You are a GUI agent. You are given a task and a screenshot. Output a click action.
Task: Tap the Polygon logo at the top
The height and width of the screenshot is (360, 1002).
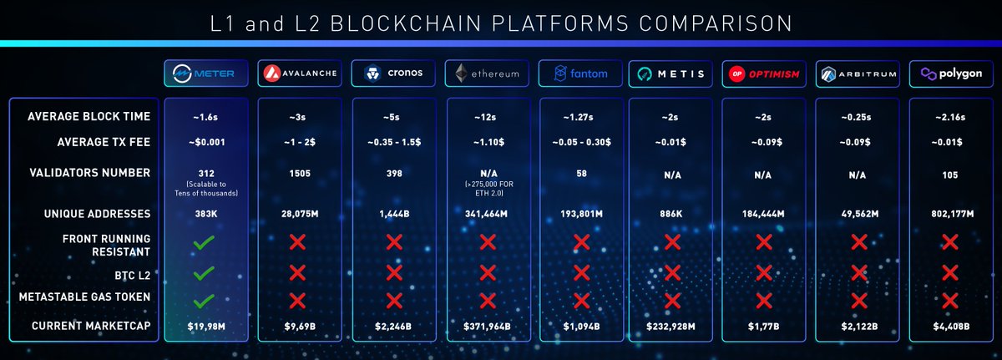tap(950, 74)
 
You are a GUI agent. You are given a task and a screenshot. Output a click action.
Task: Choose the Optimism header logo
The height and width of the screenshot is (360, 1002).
tap(763, 74)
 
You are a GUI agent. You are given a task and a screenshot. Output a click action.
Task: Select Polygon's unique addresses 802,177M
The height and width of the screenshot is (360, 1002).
tap(950, 215)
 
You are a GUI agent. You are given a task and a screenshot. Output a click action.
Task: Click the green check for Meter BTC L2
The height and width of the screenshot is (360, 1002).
tap(204, 273)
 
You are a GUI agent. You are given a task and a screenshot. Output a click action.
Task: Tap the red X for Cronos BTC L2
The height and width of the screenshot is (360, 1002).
tap(392, 273)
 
